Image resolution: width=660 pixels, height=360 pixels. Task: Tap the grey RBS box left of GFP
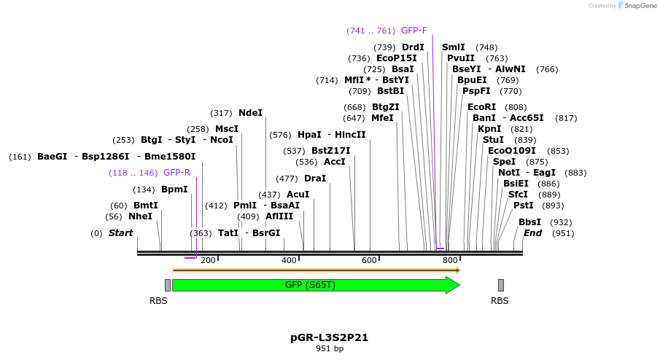(168, 285)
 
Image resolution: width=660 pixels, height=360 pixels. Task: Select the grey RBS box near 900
(501, 285)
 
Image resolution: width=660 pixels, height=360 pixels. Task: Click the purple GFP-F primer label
(414, 31)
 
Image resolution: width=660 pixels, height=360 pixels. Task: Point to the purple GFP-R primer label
(176, 173)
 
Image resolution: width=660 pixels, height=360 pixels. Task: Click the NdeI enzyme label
(250, 113)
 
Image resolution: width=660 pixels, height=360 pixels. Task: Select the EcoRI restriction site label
(481, 107)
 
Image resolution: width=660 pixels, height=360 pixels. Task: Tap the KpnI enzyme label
(489, 129)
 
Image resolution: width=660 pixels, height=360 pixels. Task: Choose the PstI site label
(523, 206)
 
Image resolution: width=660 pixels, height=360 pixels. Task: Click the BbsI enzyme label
(529, 222)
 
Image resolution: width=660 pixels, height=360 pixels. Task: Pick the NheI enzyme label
(140, 216)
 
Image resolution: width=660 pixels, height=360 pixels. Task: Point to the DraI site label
(315, 179)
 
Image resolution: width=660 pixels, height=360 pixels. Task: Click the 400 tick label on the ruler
(289, 261)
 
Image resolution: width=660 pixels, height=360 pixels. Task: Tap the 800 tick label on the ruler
(450, 261)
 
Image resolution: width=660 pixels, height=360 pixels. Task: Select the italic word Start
(120, 233)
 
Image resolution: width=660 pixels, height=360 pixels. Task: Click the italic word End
(532, 233)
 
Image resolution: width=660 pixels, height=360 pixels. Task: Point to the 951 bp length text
(330, 349)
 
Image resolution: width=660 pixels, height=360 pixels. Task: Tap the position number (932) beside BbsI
(561, 222)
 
